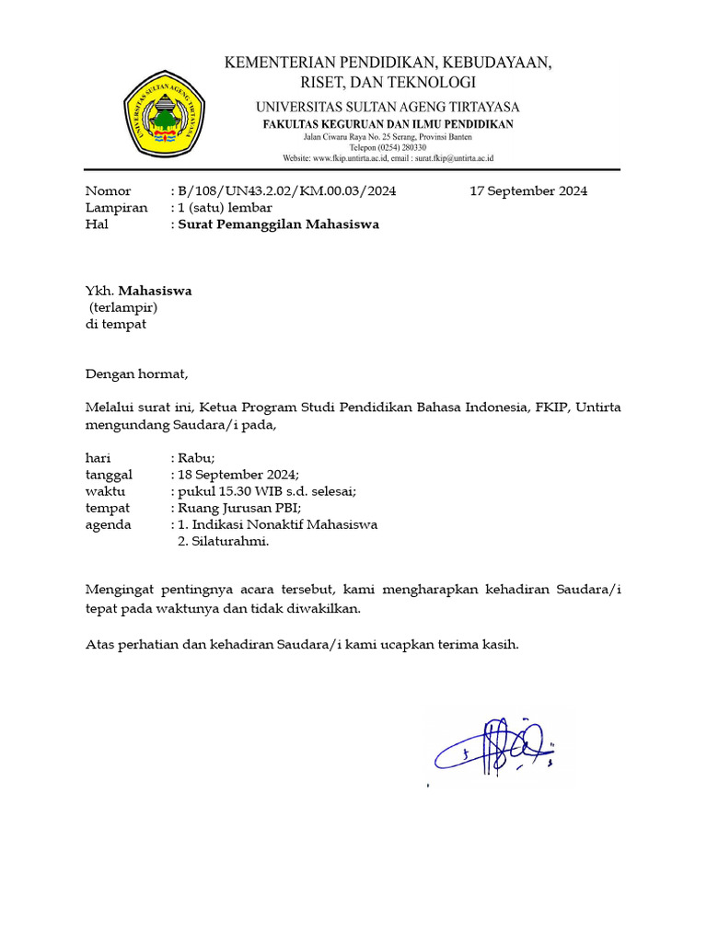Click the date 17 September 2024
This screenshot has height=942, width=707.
pos(528,191)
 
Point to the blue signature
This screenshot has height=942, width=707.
pos(493,747)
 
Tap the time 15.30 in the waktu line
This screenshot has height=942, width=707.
pos(238,491)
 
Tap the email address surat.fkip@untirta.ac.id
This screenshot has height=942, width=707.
pos(445,158)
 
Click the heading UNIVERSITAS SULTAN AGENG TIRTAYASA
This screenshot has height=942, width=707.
pos(388,107)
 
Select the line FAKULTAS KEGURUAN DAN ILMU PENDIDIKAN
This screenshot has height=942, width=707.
pos(388,124)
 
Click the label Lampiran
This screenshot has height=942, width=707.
pos(116,208)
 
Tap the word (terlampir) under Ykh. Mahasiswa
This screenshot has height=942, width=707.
pos(123,307)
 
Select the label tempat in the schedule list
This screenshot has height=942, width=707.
pos(107,508)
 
